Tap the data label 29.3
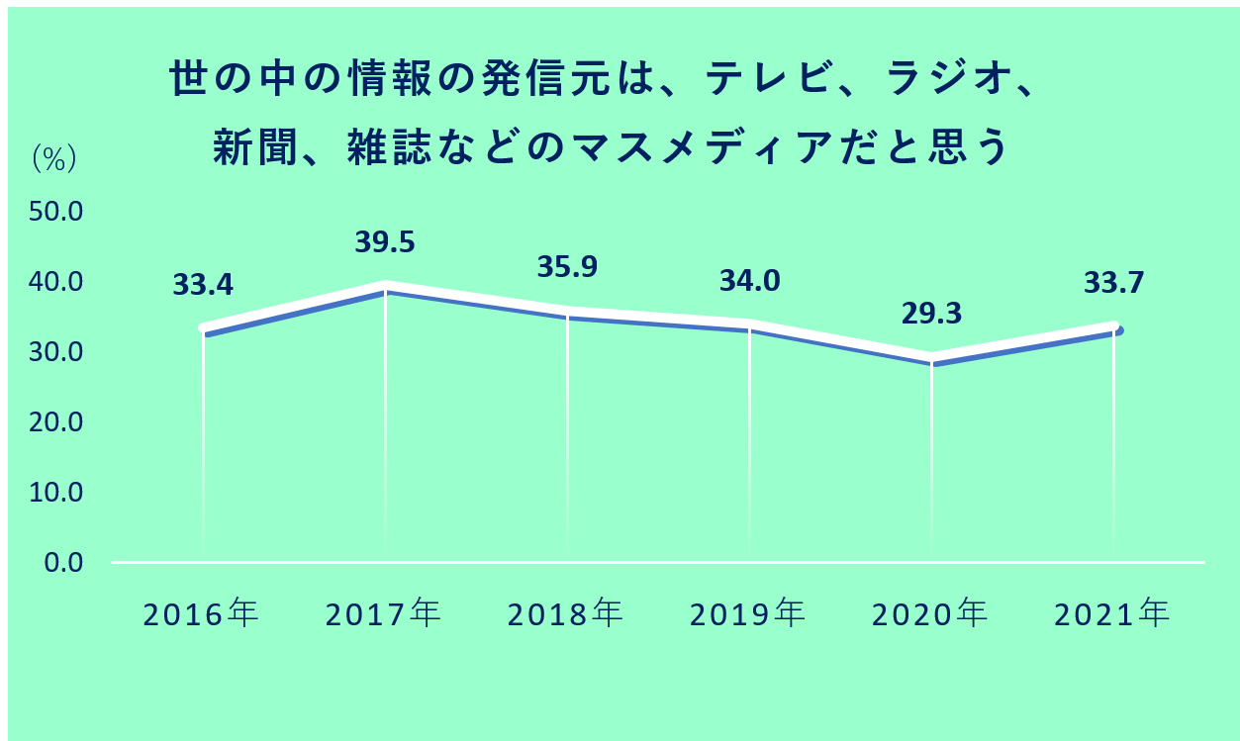931,314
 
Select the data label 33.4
203,286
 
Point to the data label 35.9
567,268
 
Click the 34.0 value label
749,282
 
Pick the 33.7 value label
1113,284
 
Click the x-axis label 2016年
201,614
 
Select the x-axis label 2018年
566,614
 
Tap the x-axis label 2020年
930,614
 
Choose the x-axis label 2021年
1112,614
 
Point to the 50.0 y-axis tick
59,213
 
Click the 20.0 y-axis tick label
59,422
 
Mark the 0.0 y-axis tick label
65,563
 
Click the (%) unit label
55,159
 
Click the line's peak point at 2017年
385,286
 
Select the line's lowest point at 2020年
931,358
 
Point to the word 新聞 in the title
248,150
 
